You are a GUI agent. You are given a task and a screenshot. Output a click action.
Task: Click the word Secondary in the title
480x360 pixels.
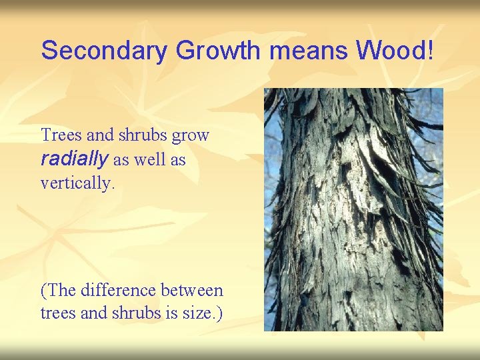click(x=103, y=51)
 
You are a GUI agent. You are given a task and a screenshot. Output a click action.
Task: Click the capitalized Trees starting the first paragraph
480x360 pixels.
click(x=62, y=135)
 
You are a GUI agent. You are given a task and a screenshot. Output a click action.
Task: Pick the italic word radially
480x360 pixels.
click(x=75, y=159)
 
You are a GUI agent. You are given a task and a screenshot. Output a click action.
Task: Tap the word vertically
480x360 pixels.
click(x=77, y=183)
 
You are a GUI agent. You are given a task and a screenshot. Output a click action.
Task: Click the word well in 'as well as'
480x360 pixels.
click(x=149, y=160)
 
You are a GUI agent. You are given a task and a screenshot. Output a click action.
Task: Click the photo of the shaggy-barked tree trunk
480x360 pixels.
click(x=353, y=209)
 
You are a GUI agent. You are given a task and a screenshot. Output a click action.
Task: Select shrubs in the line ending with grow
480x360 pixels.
click(x=143, y=135)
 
